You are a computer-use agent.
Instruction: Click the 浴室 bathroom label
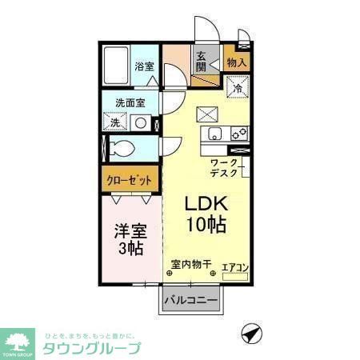click(x=144, y=66)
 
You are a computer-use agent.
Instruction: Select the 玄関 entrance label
click(x=202, y=62)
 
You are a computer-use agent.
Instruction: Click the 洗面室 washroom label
click(x=130, y=102)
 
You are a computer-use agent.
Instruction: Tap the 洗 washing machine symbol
click(x=116, y=122)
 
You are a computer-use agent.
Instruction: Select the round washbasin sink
click(x=141, y=123)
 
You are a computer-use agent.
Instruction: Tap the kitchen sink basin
click(x=214, y=134)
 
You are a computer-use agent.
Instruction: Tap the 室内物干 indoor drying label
click(x=190, y=263)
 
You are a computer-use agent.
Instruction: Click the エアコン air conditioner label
click(x=234, y=267)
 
